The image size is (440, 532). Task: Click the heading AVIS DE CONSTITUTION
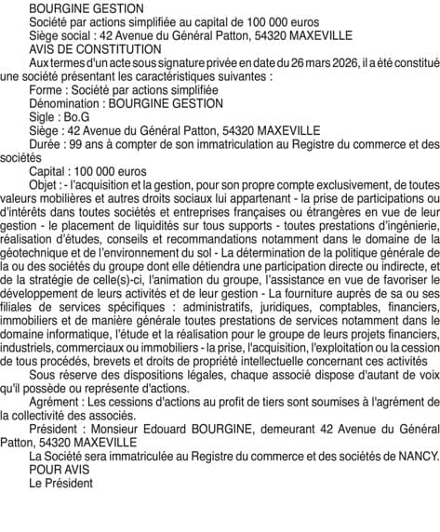click(x=88, y=48)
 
